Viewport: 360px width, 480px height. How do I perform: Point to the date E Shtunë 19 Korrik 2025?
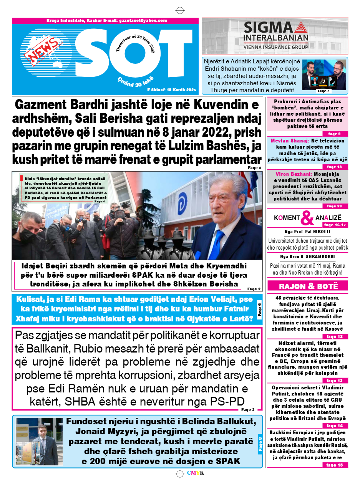point(172,90)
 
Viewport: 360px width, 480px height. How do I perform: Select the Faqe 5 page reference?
point(255,168)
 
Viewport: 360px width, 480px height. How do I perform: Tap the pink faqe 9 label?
point(332,134)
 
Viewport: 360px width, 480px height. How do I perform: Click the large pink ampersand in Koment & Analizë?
point(307,218)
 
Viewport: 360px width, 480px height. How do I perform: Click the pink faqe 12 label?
point(332,336)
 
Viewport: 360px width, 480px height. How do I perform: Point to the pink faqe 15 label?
point(332,465)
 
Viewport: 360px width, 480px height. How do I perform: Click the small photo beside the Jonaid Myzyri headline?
point(37,442)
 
